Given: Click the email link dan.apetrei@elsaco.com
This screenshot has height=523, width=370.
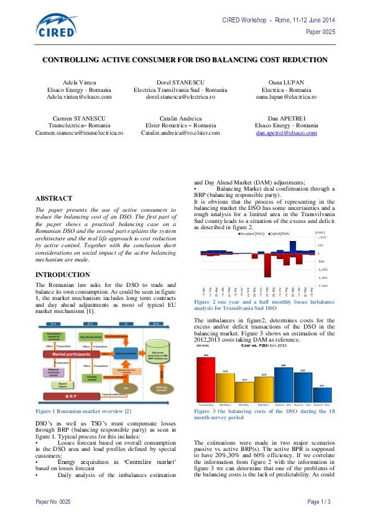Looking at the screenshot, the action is pyautogui.click(x=286, y=133).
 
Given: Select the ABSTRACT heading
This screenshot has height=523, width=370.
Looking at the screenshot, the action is pyautogui.click(x=53, y=198).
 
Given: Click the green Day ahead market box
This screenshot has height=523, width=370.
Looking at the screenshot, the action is pyautogui.click(x=94, y=336).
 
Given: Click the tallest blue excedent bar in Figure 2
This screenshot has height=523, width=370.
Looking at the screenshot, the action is pyautogui.click(x=292, y=246).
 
